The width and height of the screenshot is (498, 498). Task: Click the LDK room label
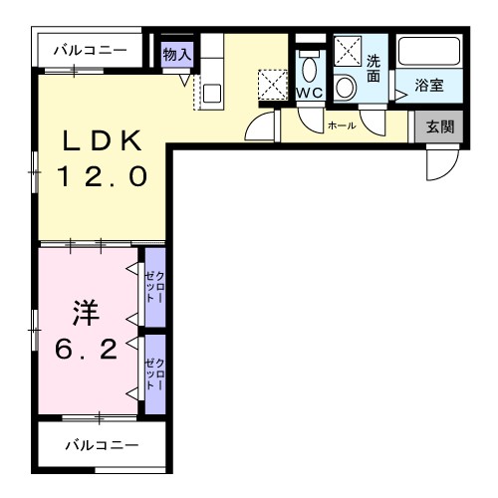click(x=103, y=140)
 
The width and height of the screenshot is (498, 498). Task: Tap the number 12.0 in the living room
click(x=103, y=177)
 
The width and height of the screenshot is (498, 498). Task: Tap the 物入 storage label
click(x=176, y=54)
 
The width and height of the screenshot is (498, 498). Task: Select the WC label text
click(x=309, y=93)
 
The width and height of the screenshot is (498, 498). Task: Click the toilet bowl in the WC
click(x=309, y=69)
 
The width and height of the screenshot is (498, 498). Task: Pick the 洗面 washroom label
click(x=373, y=69)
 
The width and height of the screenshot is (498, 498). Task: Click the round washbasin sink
click(x=346, y=87)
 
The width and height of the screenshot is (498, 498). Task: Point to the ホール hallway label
click(x=342, y=126)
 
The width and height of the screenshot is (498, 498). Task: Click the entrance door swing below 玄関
click(x=438, y=165)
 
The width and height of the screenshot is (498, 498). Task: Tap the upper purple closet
click(x=154, y=287)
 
